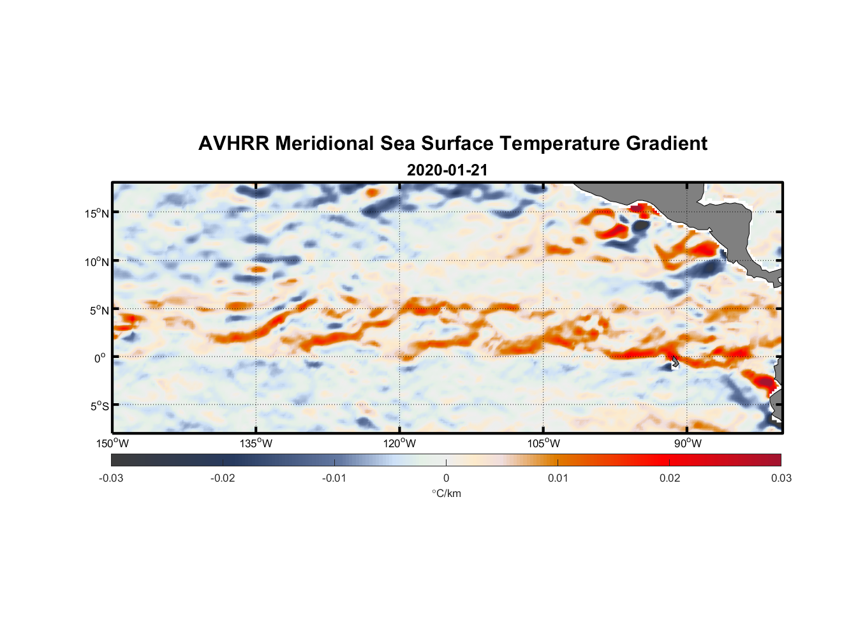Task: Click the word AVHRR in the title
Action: coord(233,144)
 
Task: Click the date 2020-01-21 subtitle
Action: coord(447,170)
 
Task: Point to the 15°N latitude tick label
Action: coord(97,213)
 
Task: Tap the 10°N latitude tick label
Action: coord(97,262)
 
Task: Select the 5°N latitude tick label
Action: coord(99,310)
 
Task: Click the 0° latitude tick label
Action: coord(100,358)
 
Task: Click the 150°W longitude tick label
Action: coord(113,443)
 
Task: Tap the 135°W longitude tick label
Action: coord(256,443)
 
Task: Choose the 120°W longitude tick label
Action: coord(400,443)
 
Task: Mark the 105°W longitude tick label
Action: coord(543,443)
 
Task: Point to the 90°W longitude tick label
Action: coord(688,443)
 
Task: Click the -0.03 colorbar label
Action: coord(111,478)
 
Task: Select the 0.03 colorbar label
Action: coord(781,478)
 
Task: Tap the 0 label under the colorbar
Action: coord(446,478)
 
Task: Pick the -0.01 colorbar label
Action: coord(334,478)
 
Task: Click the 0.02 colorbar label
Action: coord(669,478)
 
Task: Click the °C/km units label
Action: coord(446,493)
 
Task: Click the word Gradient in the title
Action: coord(667,144)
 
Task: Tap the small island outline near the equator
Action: coord(675,362)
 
